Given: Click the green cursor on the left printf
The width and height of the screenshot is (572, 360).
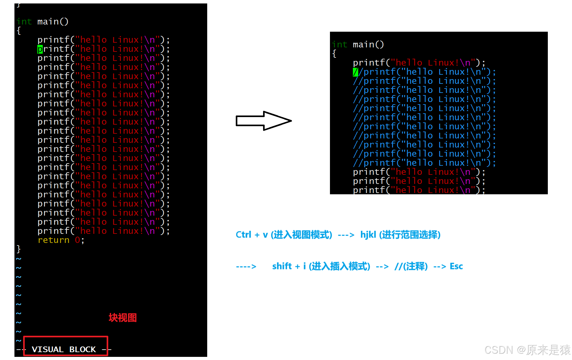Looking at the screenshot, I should click(40, 49).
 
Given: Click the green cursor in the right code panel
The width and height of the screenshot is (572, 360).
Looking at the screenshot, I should click(355, 72).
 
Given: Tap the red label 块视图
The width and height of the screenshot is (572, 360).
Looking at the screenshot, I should click(122, 318).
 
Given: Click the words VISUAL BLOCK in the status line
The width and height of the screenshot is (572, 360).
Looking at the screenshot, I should click(64, 349).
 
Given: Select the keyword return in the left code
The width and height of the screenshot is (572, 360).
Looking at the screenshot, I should click(53, 240).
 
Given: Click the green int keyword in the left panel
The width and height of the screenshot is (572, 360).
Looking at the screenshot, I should click(24, 22).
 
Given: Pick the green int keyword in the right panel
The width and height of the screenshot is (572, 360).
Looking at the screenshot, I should click(339, 45).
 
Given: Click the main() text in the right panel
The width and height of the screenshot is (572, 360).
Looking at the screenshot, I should click(368, 45).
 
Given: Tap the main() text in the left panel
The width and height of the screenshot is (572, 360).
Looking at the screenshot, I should click(53, 22).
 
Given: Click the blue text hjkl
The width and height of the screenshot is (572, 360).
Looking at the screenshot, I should click(368, 235).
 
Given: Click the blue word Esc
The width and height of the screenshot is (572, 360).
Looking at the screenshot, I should click(456, 266).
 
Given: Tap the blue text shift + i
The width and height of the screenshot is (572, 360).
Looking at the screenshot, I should click(289, 266).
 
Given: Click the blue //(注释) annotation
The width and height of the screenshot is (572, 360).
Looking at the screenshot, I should click(411, 266).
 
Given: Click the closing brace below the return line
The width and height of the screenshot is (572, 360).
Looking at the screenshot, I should click(19, 249).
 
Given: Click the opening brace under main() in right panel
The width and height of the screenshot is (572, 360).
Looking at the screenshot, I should click(334, 54).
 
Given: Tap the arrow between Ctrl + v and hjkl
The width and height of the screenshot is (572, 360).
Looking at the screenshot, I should click(346, 235).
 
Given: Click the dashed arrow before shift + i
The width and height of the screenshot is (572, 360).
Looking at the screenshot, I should click(246, 267).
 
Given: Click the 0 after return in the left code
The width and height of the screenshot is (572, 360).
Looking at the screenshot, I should click(77, 240).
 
